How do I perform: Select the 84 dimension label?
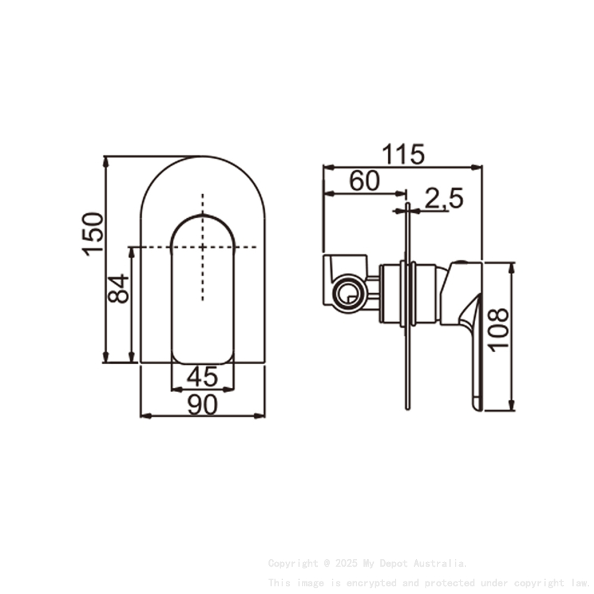(119, 288)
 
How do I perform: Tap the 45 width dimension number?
(203, 377)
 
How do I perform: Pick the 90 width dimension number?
(203, 404)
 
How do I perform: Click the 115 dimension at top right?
(403, 154)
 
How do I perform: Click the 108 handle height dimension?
(499, 330)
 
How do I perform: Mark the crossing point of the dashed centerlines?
(203, 247)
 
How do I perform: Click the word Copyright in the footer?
(293, 563)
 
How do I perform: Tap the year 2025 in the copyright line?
(346, 563)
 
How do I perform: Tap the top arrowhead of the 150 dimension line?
(106, 160)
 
